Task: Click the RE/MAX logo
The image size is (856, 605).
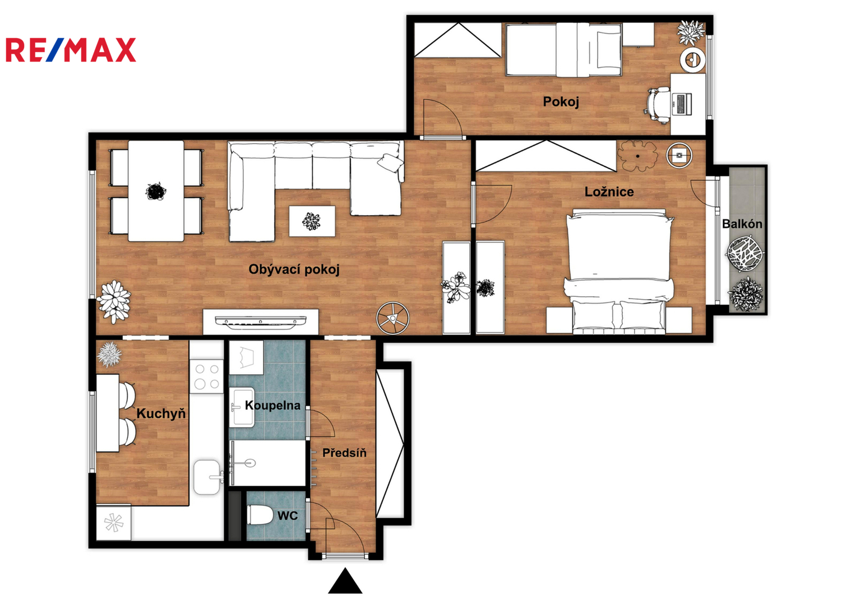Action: [x=71, y=50]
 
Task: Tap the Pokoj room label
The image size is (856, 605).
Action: [x=561, y=101]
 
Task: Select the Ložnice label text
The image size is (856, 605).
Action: [x=609, y=192]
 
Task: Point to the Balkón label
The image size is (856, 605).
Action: [x=742, y=224]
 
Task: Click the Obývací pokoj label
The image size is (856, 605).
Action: [x=294, y=269]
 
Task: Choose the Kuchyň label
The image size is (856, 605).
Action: [x=161, y=413]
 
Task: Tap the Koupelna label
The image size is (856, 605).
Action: [x=273, y=405]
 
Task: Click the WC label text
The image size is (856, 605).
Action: [x=288, y=515]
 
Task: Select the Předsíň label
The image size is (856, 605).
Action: [x=344, y=453]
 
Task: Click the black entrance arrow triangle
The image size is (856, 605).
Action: [x=345, y=581]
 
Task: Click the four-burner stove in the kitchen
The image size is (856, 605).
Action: [x=207, y=376]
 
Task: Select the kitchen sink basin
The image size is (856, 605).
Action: [x=207, y=477]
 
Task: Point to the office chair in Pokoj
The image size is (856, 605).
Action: [x=659, y=105]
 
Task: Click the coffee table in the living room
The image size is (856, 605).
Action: [x=312, y=221]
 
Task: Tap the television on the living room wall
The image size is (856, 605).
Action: [x=261, y=322]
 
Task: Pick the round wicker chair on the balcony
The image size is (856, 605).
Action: [x=745, y=254]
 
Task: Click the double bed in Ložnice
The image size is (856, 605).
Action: [x=619, y=271]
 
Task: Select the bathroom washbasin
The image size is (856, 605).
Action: [x=242, y=407]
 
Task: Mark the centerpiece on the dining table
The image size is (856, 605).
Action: [x=155, y=192]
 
